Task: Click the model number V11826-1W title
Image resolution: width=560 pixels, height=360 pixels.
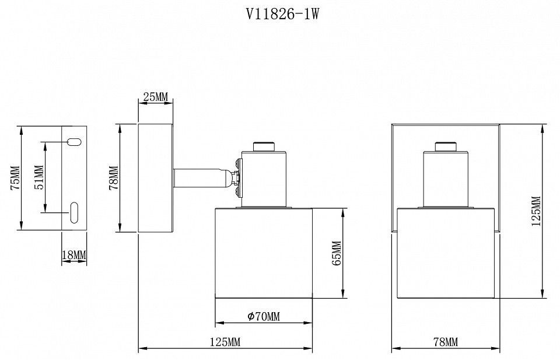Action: (x=282, y=14)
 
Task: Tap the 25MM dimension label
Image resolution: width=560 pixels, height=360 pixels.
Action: (x=155, y=96)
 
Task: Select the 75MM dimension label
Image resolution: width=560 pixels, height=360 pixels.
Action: (x=15, y=177)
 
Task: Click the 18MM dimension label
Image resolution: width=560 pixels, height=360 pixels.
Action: (x=74, y=255)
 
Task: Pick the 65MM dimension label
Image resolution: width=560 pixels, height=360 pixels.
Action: (x=337, y=253)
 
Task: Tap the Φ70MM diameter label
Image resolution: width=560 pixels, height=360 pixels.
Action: (x=264, y=316)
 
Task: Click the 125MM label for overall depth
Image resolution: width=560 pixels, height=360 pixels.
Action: (x=225, y=342)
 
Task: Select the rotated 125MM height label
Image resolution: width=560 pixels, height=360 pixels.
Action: (x=536, y=211)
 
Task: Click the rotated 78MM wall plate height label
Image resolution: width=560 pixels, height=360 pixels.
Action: (x=114, y=177)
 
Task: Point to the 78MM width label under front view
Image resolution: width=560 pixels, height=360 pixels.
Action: (x=445, y=342)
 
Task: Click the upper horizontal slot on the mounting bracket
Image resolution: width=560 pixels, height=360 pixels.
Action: (x=74, y=142)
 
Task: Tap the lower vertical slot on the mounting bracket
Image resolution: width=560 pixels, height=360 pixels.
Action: (x=74, y=212)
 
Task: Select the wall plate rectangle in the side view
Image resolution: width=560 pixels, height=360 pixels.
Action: (x=156, y=178)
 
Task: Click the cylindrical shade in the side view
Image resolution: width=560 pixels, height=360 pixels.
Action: (x=264, y=253)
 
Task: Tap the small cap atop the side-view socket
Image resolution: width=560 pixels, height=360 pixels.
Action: (x=264, y=147)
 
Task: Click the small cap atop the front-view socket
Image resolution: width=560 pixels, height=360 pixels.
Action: (x=446, y=147)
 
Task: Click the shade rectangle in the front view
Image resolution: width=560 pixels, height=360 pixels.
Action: (x=446, y=253)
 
